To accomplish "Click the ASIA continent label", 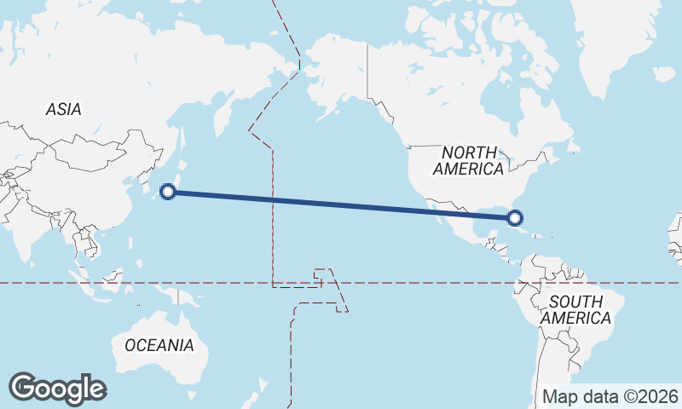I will click(63, 109).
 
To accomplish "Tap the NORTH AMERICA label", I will click(468, 160).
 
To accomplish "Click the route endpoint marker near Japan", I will click(169, 192).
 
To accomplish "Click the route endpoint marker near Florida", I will click(514, 218).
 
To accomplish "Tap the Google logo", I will click(57, 389).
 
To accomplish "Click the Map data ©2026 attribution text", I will click(610, 396).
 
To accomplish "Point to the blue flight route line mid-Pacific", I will click(341, 204).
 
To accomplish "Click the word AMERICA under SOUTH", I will click(577, 318).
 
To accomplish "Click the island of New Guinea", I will click(183, 297).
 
